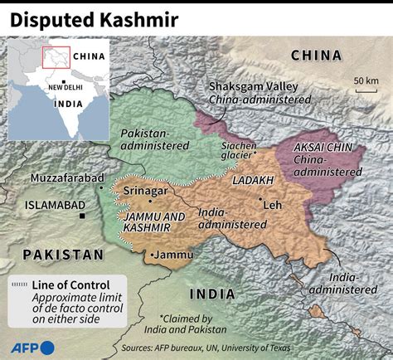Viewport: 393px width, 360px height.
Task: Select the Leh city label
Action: [273, 203]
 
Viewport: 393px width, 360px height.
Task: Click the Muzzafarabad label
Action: [66, 178]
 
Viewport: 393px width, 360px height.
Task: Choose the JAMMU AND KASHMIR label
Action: [153, 221]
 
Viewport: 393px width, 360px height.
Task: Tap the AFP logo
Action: [33, 347]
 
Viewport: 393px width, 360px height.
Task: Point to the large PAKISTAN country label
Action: [63, 254]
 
